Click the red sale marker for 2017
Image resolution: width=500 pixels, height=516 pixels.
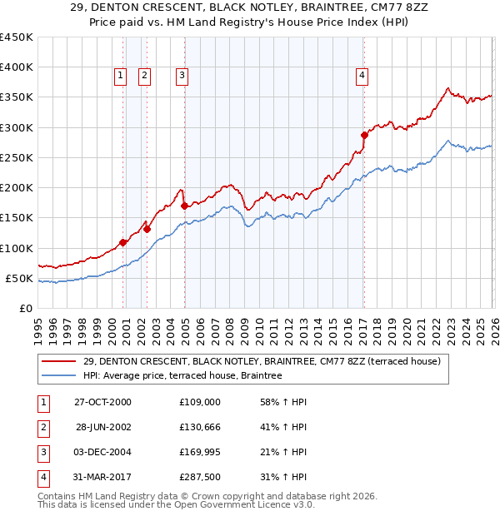(x=364, y=135)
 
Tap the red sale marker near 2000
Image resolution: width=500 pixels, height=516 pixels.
(x=123, y=242)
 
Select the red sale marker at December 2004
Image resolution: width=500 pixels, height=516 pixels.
(x=184, y=206)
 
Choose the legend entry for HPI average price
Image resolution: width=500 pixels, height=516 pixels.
(x=182, y=375)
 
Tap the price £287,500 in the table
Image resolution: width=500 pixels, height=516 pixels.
(x=200, y=477)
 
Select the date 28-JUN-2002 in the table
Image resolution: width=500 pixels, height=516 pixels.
(x=103, y=427)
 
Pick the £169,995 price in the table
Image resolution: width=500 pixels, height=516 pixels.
(x=200, y=452)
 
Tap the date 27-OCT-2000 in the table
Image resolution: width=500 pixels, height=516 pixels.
(x=103, y=402)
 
